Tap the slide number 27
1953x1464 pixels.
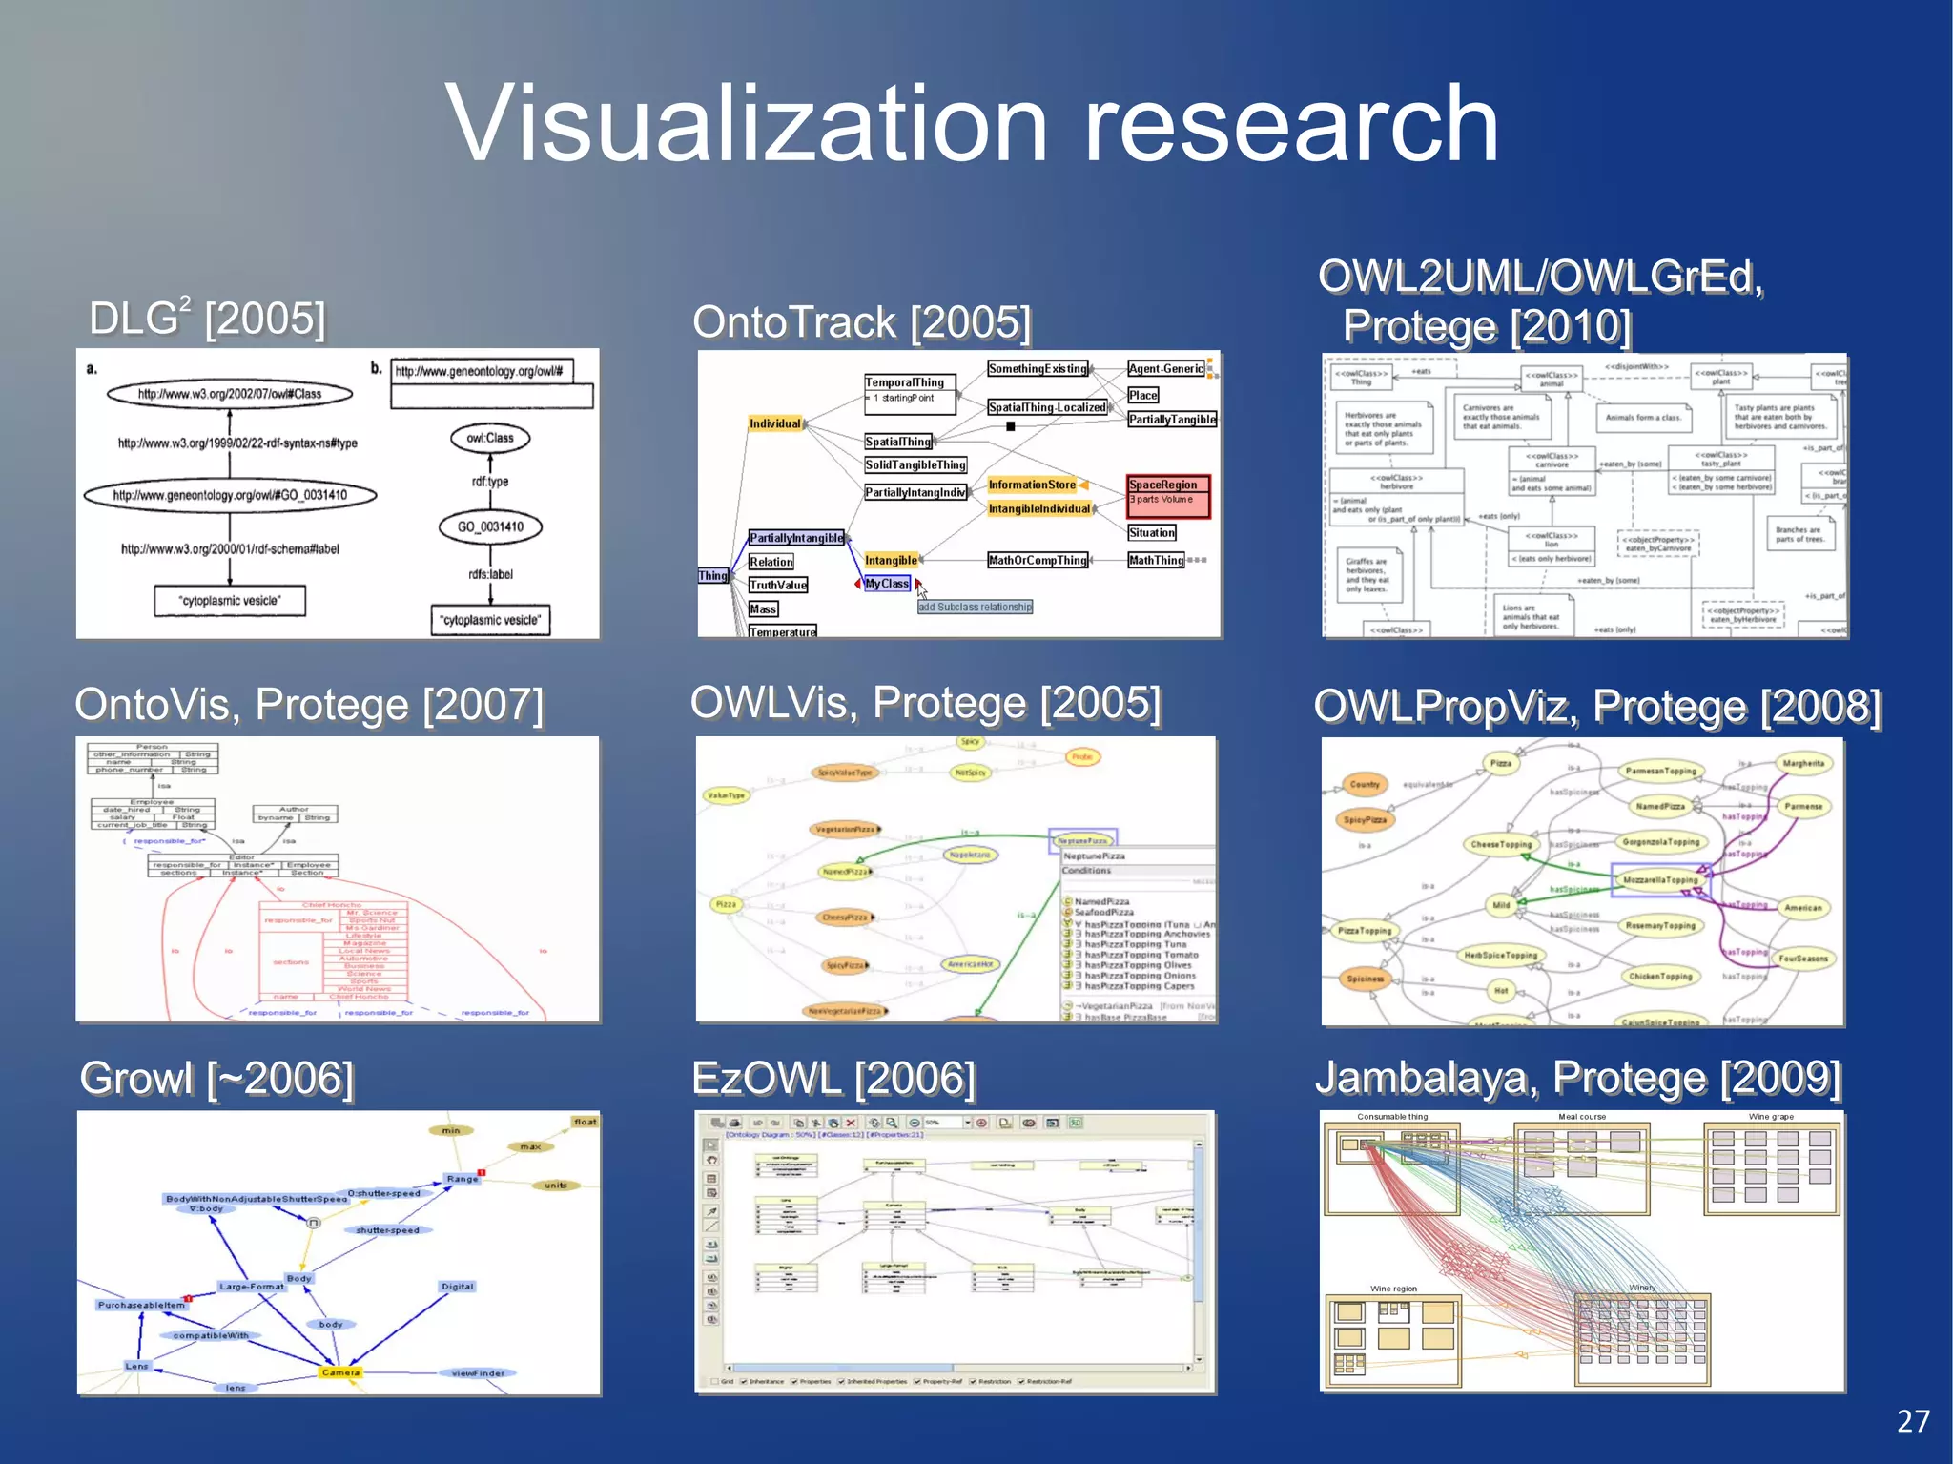pyautogui.click(x=1913, y=1421)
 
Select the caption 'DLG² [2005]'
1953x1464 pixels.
pyautogui.click(x=207, y=318)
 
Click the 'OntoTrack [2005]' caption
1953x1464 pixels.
pyautogui.click(x=861, y=322)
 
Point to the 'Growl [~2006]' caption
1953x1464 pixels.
pyautogui.click(x=216, y=1079)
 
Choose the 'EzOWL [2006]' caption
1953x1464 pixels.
pyautogui.click(x=833, y=1079)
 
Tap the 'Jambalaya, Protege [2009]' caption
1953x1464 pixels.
pyautogui.click(x=1577, y=1078)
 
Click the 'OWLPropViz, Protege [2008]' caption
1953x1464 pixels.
pyautogui.click(x=1597, y=707)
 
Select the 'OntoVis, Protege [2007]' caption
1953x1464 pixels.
pyautogui.click(x=309, y=705)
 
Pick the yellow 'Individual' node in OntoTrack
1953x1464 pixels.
pyautogui.click(x=774, y=423)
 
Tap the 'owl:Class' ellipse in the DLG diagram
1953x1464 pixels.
pyautogui.click(x=490, y=438)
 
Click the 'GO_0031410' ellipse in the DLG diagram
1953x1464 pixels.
pyautogui.click(x=490, y=526)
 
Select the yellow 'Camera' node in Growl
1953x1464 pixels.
pyautogui.click(x=340, y=1372)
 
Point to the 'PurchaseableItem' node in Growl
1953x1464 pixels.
pyautogui.click(x=141, y=1305)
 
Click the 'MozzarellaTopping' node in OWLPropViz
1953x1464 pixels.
pyautogui.click(x=1660, y=880)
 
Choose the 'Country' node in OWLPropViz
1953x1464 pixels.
pyautogui.click(x=1365, y=785)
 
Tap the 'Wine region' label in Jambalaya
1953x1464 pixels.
pyautogui.click(x=1393, y=1289)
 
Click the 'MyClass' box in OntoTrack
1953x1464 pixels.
pyautogui.click(x=887, y=584)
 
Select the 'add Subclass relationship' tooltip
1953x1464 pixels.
pyautogui.click(x=975, y=607)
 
